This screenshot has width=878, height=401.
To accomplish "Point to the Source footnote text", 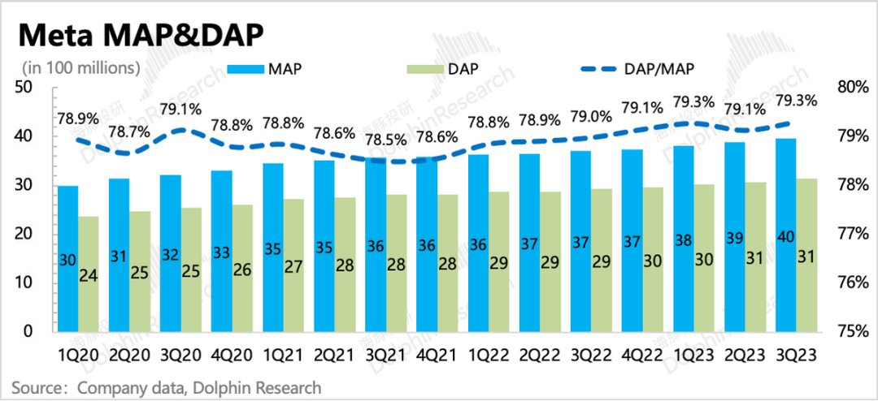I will (167, 388).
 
